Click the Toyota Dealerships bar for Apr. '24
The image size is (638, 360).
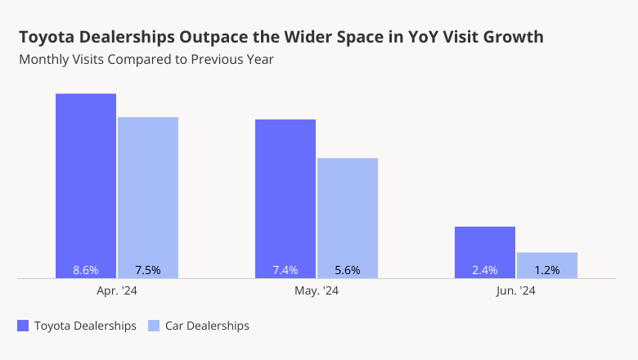86,180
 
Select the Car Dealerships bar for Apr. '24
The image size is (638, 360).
148,192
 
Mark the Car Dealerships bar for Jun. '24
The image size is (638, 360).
547,259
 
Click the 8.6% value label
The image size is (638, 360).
86,270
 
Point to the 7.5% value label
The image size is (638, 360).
148,270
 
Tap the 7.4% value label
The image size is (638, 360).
285,270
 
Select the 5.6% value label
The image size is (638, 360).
348,270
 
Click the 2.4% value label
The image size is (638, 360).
485,270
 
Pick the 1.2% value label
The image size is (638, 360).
547,270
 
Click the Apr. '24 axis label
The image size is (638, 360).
117,290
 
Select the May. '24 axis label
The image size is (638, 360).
317,290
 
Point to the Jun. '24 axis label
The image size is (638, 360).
516,290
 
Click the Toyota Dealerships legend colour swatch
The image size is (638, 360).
23,326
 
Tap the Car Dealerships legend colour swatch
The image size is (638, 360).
154,326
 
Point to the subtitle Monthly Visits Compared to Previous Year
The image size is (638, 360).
146,59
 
